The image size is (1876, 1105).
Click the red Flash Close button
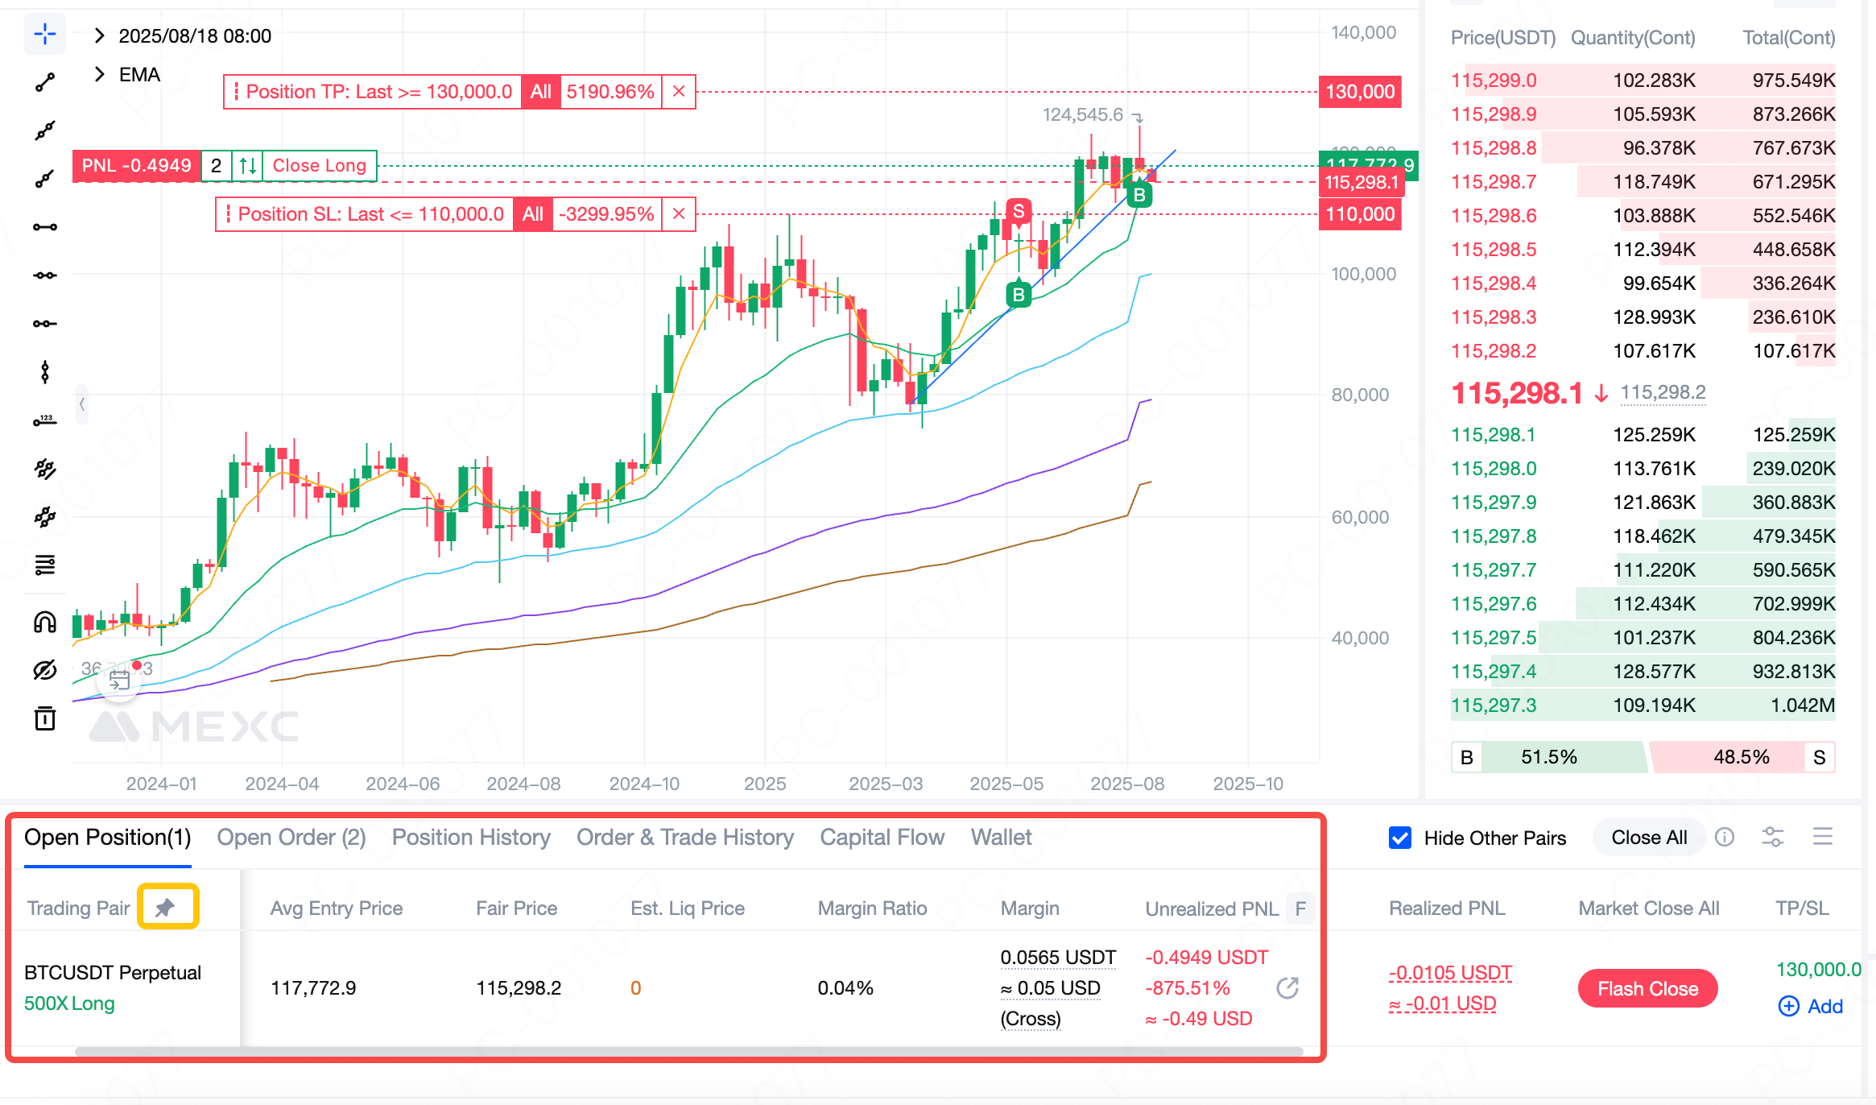[x=1647, y=988]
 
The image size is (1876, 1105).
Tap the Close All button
[x=1649, y=838]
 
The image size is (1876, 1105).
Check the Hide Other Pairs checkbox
[x=1400, y=838]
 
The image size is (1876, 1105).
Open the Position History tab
[x=471, y=838]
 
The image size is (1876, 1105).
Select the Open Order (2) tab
[x=291, y=838]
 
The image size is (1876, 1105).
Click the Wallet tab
[x=1001, y=838]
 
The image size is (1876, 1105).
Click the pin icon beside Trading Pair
[x=167, y=908]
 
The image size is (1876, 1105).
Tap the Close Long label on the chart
[x=319, y=166]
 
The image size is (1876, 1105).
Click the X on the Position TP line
[x=679, y=92]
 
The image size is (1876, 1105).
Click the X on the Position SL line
[x=679, y=214]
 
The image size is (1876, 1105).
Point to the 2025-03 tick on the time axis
[x=886, y=784]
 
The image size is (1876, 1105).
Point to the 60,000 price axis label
[x=1360, y=517]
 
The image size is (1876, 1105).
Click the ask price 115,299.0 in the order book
[x=1494, y=81]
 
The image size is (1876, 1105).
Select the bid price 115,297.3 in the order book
[x=1494, y=706]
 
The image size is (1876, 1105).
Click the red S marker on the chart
[x=1019, y=211]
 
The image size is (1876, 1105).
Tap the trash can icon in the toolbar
[x=45, y=718]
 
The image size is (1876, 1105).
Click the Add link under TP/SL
[x=1811, y=1006]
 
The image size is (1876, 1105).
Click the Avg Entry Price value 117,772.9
[x=313, y=988]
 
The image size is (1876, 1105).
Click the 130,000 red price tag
[x=1360, y=92]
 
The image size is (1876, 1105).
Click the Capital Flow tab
[x=882, y=838]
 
